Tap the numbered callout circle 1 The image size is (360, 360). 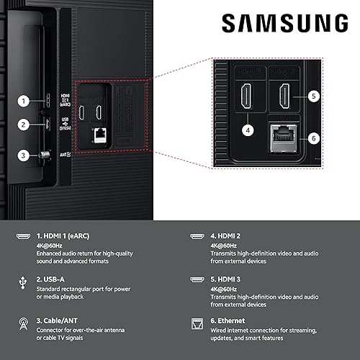pos(24,101)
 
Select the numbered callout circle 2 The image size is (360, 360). pos(24,124)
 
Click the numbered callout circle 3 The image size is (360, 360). pos(24,154)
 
